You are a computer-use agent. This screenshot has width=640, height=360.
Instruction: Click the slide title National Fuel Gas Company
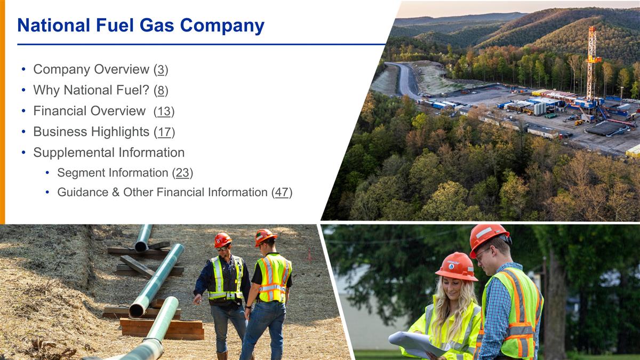click(141, 26)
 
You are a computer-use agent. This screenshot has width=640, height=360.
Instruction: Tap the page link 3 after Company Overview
click(161, 69)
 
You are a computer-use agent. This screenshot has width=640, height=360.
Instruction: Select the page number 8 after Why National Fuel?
click(161, 90)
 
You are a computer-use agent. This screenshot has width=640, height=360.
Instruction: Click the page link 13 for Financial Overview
click(164, 111)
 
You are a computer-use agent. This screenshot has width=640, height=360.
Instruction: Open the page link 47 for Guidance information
click(282, 192)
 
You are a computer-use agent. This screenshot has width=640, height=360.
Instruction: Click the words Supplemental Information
click(109, 153)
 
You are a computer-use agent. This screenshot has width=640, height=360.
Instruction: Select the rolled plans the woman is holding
click(416, 342)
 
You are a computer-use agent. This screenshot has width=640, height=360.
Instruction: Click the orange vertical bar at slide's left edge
click(2, 112)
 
